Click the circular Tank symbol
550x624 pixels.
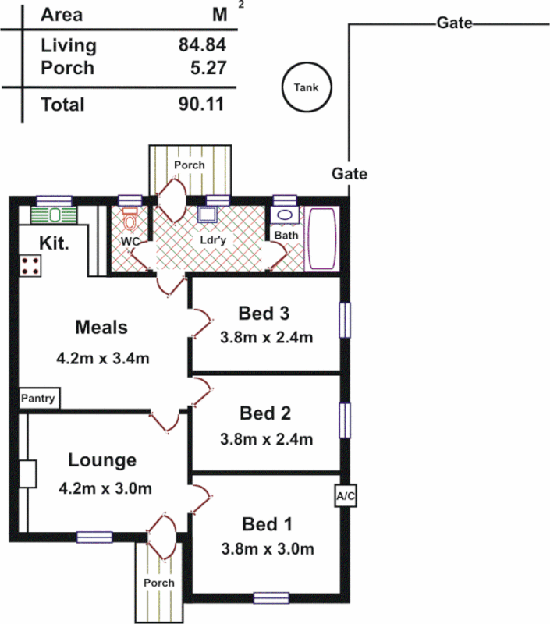306,87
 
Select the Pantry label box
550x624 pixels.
38,399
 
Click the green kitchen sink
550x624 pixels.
55,214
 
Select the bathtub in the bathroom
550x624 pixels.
322,240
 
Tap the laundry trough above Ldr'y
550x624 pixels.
208,215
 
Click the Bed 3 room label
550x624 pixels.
264,314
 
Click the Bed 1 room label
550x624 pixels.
264,523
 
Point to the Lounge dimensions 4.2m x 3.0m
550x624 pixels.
105,488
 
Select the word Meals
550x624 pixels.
101,327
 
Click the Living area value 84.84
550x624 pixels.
202,45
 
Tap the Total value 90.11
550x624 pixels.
202,105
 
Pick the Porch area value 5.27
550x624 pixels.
208,68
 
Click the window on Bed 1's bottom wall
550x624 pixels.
271,598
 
